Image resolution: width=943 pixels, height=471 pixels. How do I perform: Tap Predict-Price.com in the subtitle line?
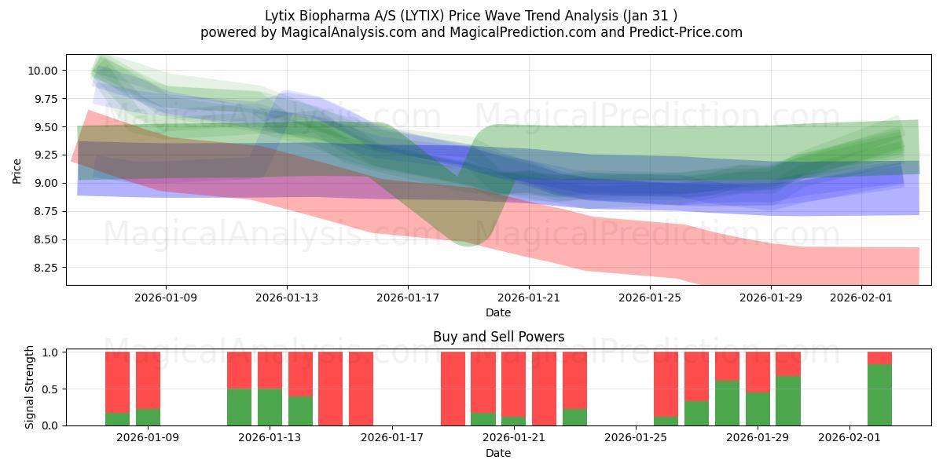coord(684,32)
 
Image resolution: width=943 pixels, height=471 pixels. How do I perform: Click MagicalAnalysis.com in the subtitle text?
coord(342,32)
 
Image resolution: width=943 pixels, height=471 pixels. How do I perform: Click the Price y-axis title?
coord(17,170)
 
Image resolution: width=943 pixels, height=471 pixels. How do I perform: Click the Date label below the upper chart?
coord(497,312)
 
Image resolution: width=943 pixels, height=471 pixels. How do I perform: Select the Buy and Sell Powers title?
coord(498,337)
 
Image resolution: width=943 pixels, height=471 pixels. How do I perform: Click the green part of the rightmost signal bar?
coord(879,395)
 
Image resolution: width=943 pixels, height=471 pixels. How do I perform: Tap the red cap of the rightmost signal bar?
coord(879,358)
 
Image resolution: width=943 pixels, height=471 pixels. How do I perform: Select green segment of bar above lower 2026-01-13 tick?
coord(270,407)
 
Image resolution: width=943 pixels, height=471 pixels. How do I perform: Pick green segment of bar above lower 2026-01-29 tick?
coord(758,409)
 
